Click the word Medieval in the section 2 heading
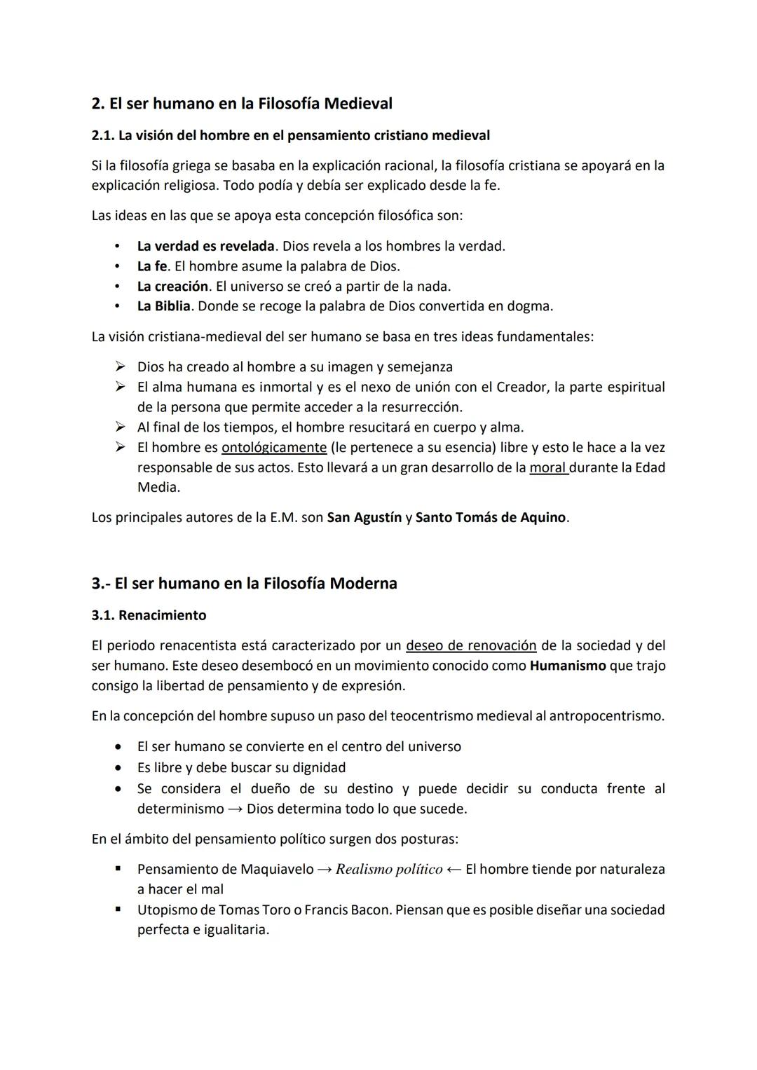tap(358, 104)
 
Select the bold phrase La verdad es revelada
tap(205, 246)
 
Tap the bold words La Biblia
tap(163, 306)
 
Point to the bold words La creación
tap(172, 286)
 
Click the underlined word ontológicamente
tap(274, 447)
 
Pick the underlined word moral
tap(548, 467)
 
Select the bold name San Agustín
tap(364, 518)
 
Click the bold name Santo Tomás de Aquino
tap(490, 518)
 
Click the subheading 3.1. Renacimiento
tap(149, 615)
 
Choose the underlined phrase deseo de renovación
tap(471, 645)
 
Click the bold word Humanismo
tap(568, 666)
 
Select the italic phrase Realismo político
tap(389, 870)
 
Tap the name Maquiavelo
tap(277, 870)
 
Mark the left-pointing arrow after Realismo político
tap(453, 870)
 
